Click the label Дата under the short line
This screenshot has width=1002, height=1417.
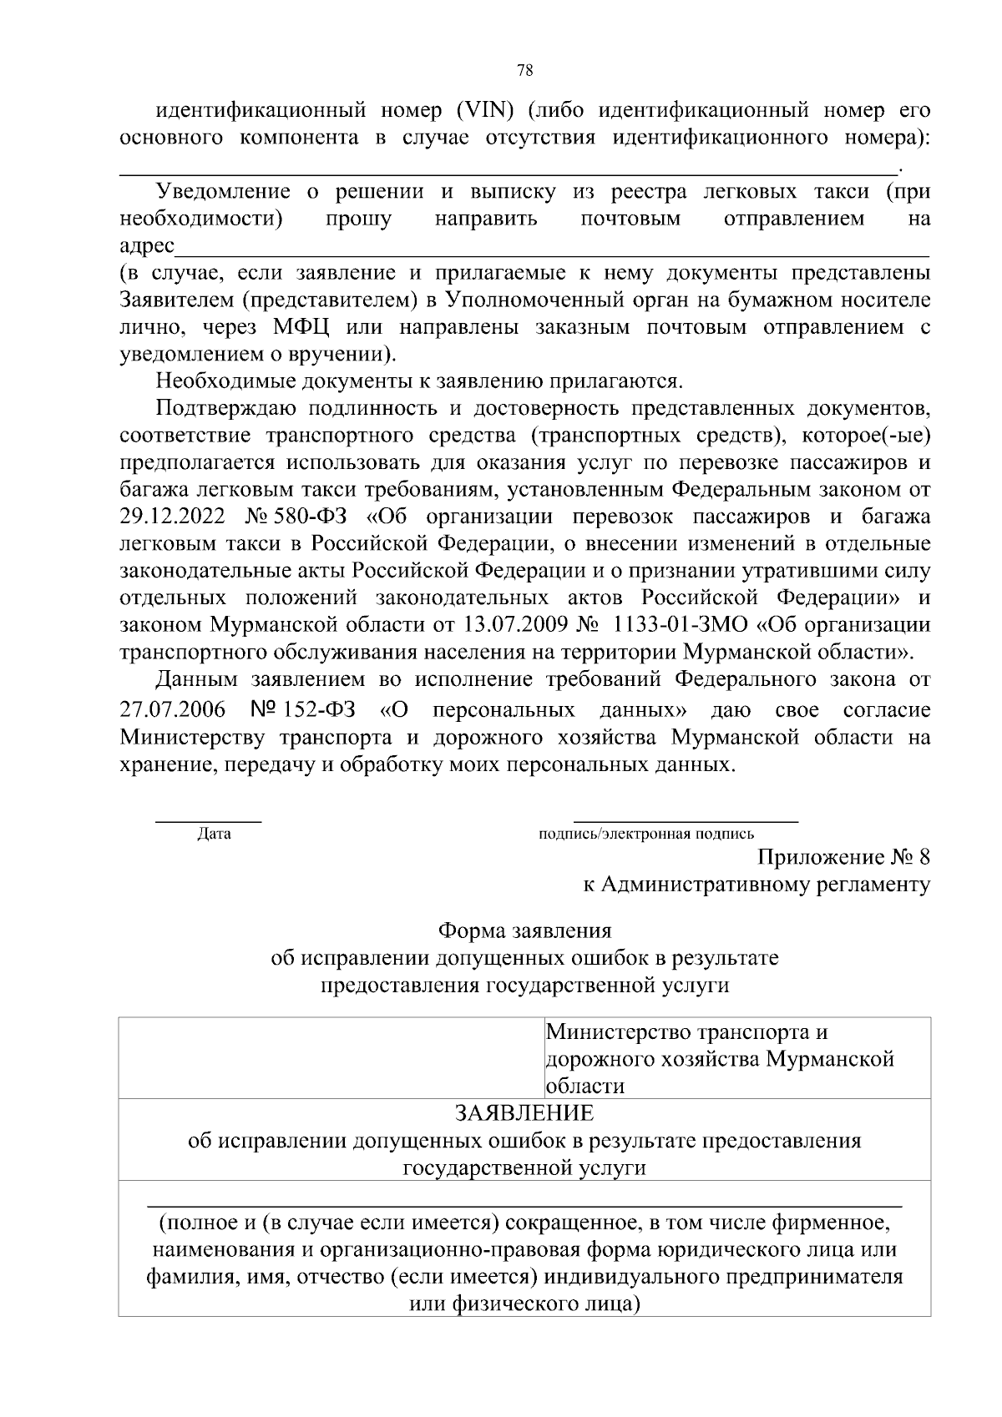coord(214,834)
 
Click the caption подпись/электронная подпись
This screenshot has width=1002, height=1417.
coord(647,834)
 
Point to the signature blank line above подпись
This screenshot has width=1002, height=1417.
coord(686,823)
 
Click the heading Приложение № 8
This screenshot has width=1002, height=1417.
coord(843,857)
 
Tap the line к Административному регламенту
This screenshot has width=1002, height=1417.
coord(756,885)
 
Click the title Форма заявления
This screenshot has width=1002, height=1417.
coord(525,930)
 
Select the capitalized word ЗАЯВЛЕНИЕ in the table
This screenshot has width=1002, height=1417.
coord(524,1113)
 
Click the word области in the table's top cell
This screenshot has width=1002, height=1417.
coord(585,1087)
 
